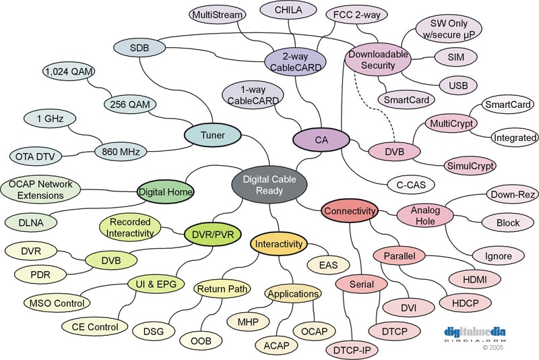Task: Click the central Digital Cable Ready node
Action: click(269, 185)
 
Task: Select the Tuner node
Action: click(213, 135)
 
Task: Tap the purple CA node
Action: click(321, 140)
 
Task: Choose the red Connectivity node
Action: click(350, 211)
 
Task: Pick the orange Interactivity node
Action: click(278, 244)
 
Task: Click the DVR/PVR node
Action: click(213, 235)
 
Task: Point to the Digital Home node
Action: click(165, 191)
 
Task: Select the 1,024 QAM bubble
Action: click(69, 71)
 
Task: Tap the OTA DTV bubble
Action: click(35, 157)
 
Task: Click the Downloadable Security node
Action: click(378, 59)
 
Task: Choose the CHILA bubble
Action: click(288, 10)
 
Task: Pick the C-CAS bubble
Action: click(411, 185)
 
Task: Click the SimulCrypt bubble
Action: click(470, 166)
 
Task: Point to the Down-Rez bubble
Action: click(512, 194)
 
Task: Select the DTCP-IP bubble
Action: click(352, 351)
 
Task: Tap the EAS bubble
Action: click(328, 265)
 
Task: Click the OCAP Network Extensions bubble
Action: click(40, 190)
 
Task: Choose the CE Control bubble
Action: click(95, 327)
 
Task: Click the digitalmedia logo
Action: click(475, 334)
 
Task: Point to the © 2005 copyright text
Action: click(493, 348)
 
